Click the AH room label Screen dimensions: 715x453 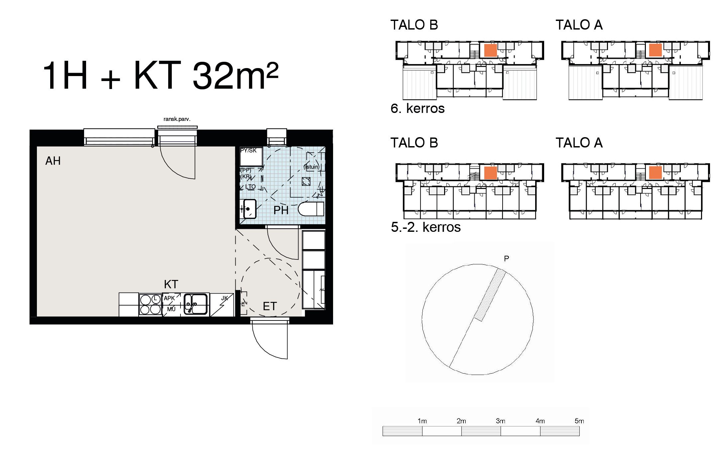point(53,161)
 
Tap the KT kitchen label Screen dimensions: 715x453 point(171,284)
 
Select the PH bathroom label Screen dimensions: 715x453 point(281,210)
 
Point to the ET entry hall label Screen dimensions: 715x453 point(270,306)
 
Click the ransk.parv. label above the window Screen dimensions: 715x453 point(177,119)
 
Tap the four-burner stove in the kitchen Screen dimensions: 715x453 point(150,304)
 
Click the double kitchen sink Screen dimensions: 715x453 point(196,304)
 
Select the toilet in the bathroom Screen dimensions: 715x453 point(311,209)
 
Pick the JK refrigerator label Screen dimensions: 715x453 point(225,298)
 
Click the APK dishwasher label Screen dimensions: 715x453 point(169,298)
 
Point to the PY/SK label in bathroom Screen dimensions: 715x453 point(248,150)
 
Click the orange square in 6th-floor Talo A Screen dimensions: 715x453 point(655,50)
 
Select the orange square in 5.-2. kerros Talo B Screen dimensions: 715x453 point(490,173)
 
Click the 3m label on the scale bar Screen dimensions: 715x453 point(500,421)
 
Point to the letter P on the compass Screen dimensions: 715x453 point(506,258)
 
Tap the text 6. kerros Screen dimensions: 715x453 point(417,109)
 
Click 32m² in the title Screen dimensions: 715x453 point(235,76)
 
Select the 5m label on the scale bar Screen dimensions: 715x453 point(579,421)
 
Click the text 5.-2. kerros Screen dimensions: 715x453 point(426,227)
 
